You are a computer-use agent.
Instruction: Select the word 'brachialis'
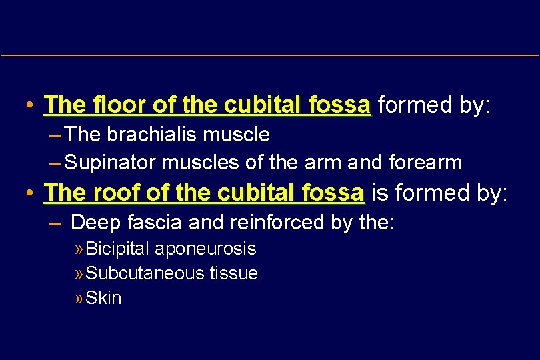tap(145, 135)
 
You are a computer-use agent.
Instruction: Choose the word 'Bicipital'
tap(118, 249)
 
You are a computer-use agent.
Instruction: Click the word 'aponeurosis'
tap(205, 249)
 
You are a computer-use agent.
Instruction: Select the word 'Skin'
tap(104, 298)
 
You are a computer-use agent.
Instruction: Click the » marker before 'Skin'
tap(80, 298)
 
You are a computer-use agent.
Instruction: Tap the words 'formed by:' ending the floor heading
tap(433, 105)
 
